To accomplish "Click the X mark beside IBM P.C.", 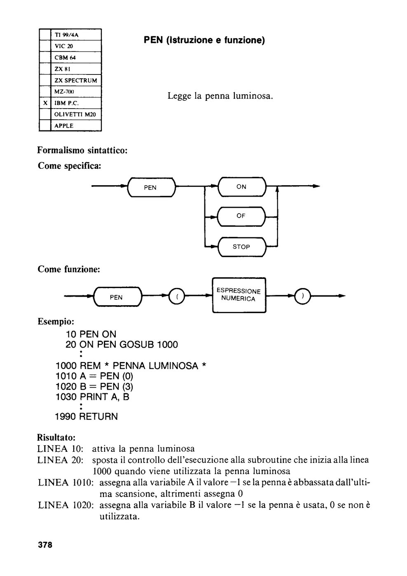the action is pyautogui.click(x=45, y=103).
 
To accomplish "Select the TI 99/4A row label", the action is pyautogui.click(x=66, y=35).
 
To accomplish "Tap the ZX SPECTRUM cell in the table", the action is pyautogui.click(x=76, y=81).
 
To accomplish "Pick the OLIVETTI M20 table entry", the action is pyautogui.click(x=75, y=114).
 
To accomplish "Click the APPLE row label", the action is pyautogui.click(x=64, y=126).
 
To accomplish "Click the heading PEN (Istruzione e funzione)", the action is pyautogui.click(x=204, y=40).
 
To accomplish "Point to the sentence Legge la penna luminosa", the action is pyautogui.click(x=220, y=96).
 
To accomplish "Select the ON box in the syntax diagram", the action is pyautogui.click(x=242, y=187).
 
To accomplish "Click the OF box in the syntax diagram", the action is pyautogui.click(x=241, y=216).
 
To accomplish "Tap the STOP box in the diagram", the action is pyautogui.click(x=242, y=247).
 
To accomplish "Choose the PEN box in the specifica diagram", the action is pyautogui.click(x=151, y=188).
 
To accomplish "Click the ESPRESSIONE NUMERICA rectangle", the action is pyautogui.click(x=239, y=295).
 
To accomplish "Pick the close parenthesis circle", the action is pyautogui.click(x=303, y=296).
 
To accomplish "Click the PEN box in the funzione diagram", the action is pyautogui.click(x=117, y=297).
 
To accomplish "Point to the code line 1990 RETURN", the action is pyautogui.click(x=87, y=416).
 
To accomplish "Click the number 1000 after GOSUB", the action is pyautogui.click(x=167, y=345).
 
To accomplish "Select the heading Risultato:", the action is pyautogui.click(x=56, y=437).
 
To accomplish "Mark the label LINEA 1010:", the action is pyautogui.click(x=65, y=483).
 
